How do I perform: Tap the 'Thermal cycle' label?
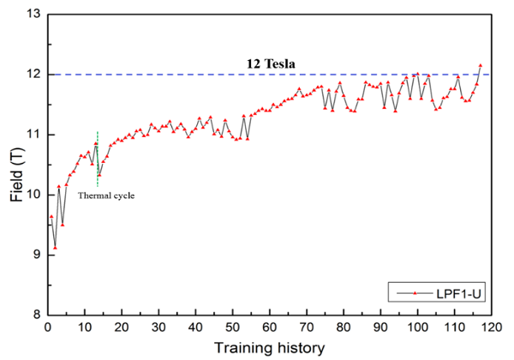pos(106,195)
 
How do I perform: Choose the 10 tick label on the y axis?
pos(33,195)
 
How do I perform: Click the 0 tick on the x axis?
pos(48,327)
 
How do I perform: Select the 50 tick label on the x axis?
pos(233,327)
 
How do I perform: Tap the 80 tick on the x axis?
pos(344,327)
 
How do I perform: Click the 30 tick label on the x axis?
pos(158,327)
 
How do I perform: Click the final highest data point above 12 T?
pos(481,65)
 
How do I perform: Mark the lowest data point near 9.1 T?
pos(55,248)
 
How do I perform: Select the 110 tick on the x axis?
pos(455,327)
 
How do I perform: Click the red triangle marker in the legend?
pos(415,293)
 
